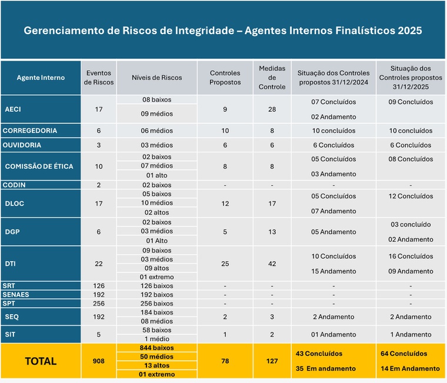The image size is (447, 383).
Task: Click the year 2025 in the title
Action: click(x=409, y=31)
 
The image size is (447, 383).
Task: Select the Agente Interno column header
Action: click(x=41, y=78)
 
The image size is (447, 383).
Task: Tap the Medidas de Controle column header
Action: click(x=272, y=78)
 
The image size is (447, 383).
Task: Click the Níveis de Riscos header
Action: click(x=156, y=78)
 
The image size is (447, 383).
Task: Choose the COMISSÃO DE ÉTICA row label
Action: click(x=39, y=166)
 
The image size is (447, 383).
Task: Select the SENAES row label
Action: click(x=16, y=294)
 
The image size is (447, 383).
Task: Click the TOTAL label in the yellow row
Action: click(x=41, y=361)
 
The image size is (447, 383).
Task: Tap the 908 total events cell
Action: click(x=98, y=361)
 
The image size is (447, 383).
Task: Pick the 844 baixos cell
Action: click(x=156, y=348)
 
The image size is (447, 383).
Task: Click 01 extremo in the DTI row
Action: click(x=156, y=277)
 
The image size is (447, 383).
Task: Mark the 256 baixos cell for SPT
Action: click(x=156, y=303)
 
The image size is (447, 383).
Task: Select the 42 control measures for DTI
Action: click(x=272, y=264)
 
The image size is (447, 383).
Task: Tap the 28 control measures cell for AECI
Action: click(x=272, y=109)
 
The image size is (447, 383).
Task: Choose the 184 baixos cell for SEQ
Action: click(x=156, y=312)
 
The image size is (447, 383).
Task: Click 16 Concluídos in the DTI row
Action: click(x=411, y=257)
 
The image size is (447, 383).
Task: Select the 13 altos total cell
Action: click(x=156, y=365)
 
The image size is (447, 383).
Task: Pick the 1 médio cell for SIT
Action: click(x=156, y=339)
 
